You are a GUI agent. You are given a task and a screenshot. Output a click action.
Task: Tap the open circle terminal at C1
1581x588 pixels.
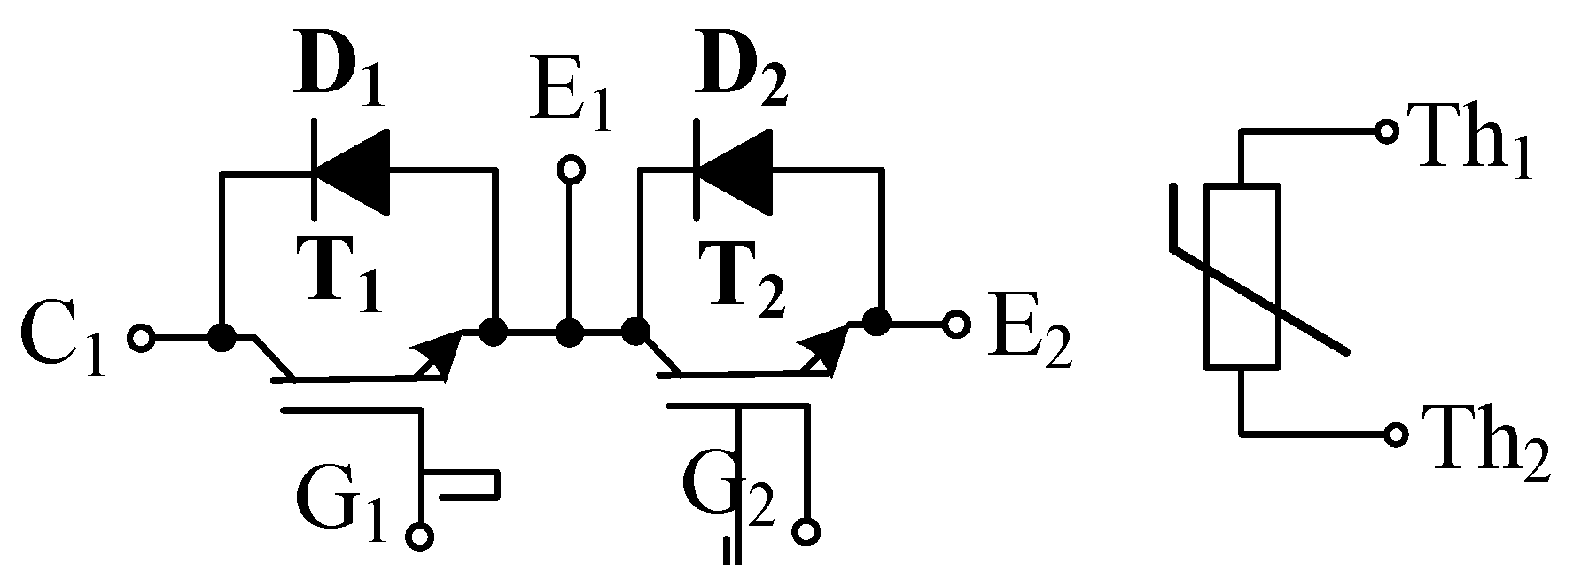pyautogui.click(x=141, y=338)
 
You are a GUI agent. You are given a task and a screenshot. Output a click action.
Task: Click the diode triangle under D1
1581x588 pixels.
pyautogui.click(x=354, y=170)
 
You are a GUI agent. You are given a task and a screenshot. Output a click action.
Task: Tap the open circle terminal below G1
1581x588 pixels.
pyautogui.click(x=420, y=536)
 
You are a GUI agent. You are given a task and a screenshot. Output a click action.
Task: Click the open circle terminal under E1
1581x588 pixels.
pyautogui.click(x=572, y=168)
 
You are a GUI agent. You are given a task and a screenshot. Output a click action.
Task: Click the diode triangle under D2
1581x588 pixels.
pyautogui.click(x=735, y=170)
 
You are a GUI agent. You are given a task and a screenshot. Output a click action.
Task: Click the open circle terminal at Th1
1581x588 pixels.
pyautogui.click(x=1385, y=131)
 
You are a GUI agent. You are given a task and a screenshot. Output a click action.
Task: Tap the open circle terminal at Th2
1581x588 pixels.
pyautogui.click(x=1396, y=434)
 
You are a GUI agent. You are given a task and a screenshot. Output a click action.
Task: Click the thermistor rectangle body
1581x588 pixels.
pyautogui.click(x=1241, y=275)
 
